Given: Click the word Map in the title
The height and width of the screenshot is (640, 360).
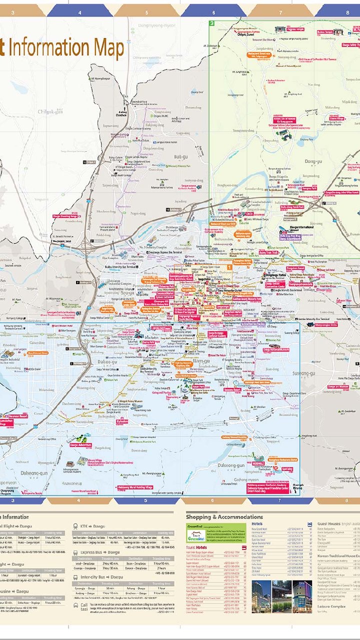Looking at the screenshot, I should pos(106,48).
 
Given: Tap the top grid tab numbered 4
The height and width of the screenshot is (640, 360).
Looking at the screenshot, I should pos(80,12).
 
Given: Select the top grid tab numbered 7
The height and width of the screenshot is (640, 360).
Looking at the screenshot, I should pos(280,12).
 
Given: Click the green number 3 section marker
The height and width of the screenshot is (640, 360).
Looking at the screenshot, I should pos(212,23).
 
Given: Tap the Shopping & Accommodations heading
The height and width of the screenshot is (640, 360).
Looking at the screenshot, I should pos(224,516).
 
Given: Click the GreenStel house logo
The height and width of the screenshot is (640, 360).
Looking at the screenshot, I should pos(194,535).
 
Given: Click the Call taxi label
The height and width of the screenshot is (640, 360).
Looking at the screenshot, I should pos(83,606).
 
